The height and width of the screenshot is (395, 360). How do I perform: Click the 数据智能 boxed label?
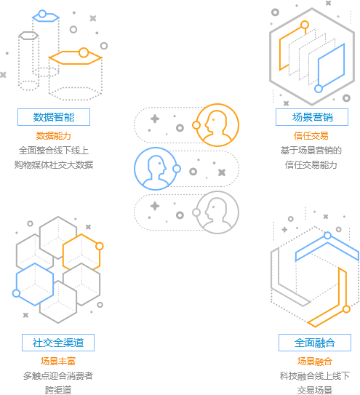54,117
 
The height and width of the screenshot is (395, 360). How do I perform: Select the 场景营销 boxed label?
312,117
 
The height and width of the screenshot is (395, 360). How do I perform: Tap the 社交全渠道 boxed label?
58,343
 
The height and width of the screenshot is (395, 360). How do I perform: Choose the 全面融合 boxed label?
315,343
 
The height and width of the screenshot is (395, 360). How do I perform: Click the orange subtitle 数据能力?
53,136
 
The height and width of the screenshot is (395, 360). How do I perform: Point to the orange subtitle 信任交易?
311,136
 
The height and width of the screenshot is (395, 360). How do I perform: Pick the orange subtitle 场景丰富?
58,362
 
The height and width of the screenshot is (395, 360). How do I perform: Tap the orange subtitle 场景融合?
315,362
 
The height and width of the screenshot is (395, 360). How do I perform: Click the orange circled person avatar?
217,125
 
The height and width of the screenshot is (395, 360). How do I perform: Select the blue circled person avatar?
156,169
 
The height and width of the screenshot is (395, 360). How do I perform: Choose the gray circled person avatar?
217,212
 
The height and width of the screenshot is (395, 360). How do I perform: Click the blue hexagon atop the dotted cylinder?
46,17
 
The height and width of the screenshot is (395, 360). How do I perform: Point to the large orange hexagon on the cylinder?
76,57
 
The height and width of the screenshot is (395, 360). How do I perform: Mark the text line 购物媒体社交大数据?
54,164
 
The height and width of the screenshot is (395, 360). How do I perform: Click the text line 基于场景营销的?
311,151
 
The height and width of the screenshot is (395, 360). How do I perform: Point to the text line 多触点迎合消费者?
58,375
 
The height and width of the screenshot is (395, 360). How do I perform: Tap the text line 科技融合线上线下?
315,375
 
